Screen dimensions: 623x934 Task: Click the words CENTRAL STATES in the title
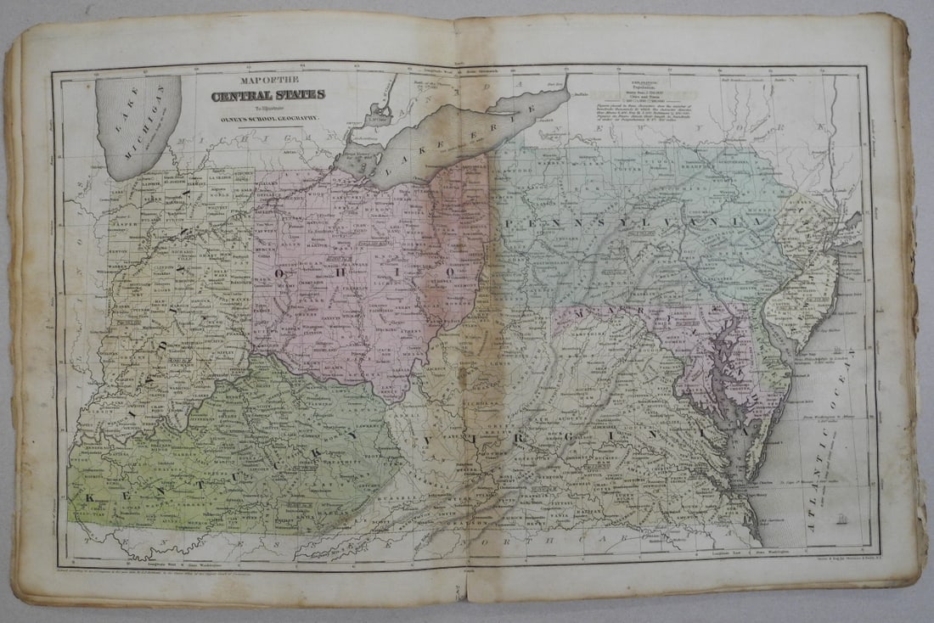(x=267, y=95)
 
